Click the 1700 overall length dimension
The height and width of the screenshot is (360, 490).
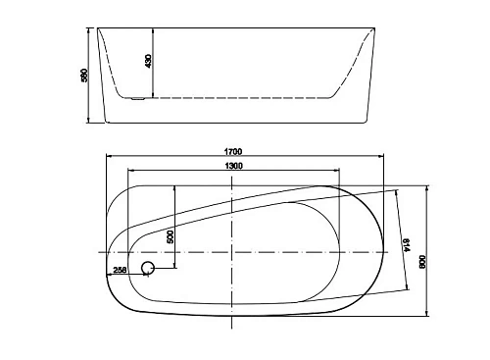(232, 151)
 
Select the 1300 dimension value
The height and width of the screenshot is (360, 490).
(232, 167)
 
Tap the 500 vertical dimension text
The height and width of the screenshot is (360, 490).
(170, 236)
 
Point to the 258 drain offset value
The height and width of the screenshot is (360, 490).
(120, 270)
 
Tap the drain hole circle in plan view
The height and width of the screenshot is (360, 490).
(149, 268)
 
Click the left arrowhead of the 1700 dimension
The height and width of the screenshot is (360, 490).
(108, 156)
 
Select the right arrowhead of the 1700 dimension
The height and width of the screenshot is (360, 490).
(382, 156)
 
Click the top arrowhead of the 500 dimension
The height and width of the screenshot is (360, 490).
(175, 187)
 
